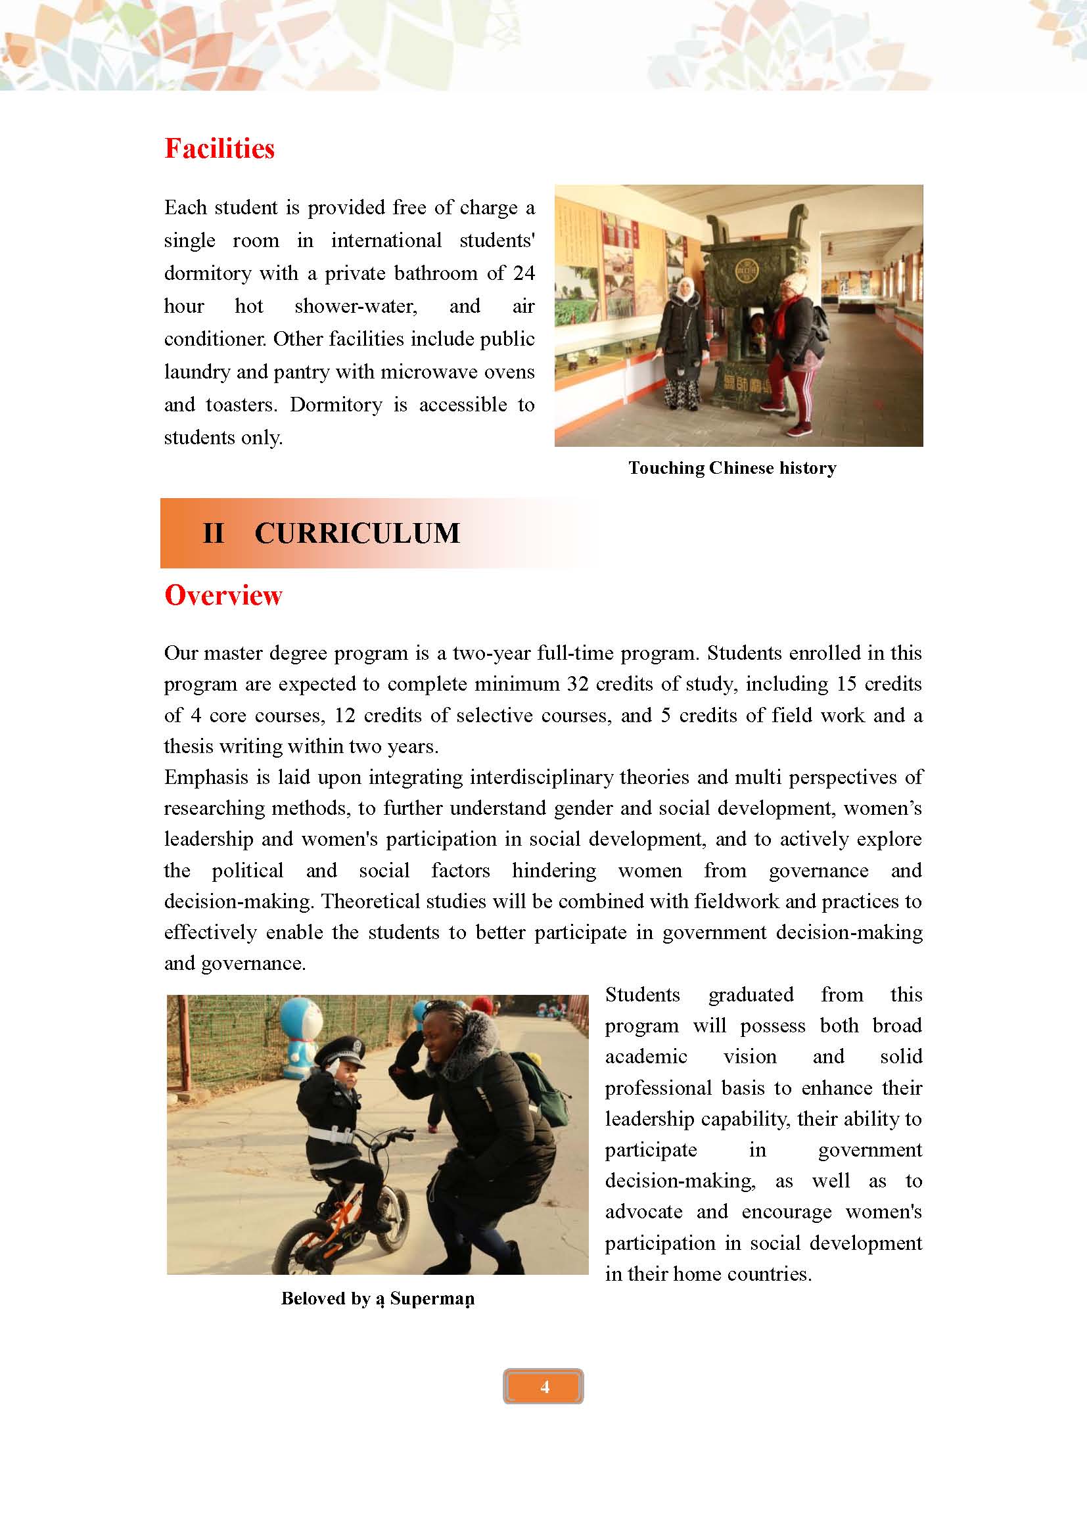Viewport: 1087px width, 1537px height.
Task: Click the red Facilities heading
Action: click(x=220, y=149)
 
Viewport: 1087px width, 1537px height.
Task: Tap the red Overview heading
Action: click(x=223, y=595)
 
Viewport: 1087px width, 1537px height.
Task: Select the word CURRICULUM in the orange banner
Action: click(x=358, y=534)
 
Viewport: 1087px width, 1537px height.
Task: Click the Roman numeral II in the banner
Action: click(x=213, y=534)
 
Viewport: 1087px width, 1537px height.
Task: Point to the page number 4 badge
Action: click(x=543, y=1387)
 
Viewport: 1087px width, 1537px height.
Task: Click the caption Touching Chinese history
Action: click(x=732, y=468)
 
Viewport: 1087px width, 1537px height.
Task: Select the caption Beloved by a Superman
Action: click(x=377, y=1298)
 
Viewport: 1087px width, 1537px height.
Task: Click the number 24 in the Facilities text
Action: click(x=523, y=273)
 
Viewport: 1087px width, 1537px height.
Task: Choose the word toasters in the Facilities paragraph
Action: click(x=241, y=405)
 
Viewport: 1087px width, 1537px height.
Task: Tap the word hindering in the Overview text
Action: click(x=553, y=870)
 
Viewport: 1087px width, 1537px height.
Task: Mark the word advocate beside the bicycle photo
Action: click(x=643, y=1212)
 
